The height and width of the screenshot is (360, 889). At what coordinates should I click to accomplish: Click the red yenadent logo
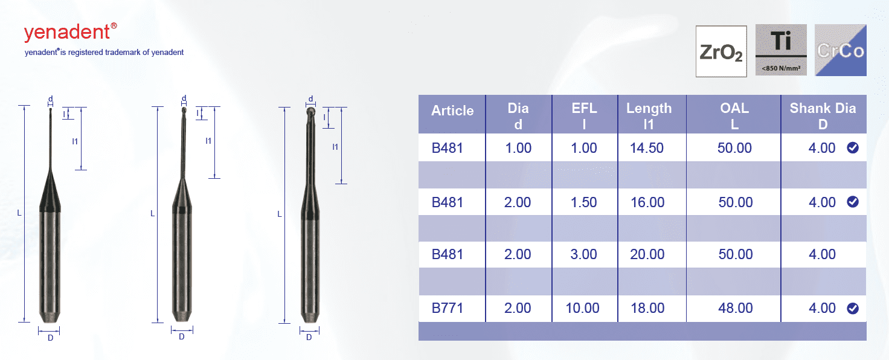(x=70, y=32)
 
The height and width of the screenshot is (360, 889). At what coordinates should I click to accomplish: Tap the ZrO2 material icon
(x=721, y=51)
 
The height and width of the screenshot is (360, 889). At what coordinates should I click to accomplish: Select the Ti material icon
(x=781, y=50)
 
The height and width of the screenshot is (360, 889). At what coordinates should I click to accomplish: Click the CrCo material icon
(x=841, y=50)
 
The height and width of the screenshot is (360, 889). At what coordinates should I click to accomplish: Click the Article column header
(x=452, y=111)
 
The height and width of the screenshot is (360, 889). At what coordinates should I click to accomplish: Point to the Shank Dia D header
(x=823, y=116)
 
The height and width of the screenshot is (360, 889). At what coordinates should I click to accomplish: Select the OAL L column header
(x=734, y=116)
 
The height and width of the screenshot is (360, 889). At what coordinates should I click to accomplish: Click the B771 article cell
(x=448, y=308)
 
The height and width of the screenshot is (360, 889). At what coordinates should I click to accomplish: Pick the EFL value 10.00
(x=583, y=308)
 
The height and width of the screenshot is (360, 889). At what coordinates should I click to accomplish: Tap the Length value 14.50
(x=647, y=148)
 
